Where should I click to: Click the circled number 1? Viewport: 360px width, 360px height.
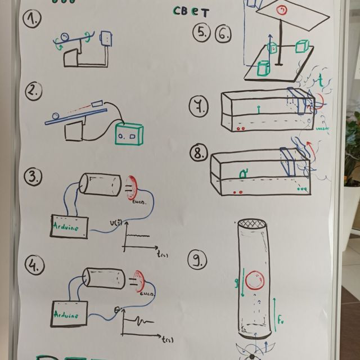point(32,20)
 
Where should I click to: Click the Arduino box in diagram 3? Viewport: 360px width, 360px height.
point(71,226)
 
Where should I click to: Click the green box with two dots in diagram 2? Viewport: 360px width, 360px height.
point(129,134)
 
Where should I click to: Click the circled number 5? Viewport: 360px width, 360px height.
point(201,33)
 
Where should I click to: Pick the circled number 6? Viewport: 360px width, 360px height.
point(223,34)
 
